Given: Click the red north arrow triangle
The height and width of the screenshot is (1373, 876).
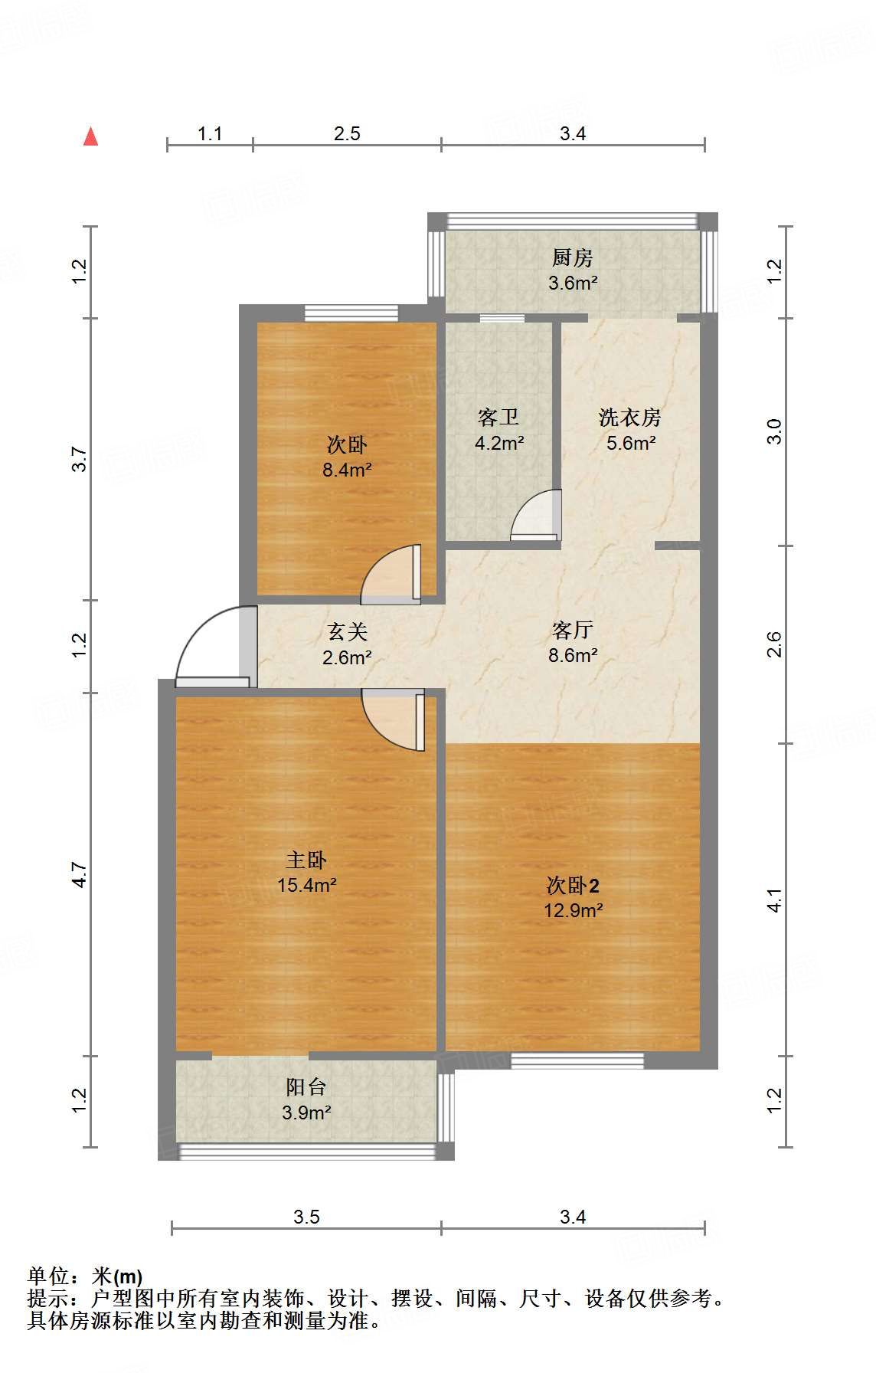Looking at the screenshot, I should coord(91,136).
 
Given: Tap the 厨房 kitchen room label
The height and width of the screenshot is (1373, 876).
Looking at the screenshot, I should coord(572,257).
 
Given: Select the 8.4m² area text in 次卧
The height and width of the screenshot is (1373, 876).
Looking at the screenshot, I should coord(347,470).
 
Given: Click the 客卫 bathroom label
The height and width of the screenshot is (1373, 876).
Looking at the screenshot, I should coord(498,417).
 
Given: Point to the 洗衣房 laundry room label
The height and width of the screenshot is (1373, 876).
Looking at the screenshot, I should coord(629,417).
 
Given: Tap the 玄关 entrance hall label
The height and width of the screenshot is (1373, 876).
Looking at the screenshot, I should coord(347,631).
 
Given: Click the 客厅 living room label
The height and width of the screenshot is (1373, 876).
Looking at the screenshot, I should coord(572,630).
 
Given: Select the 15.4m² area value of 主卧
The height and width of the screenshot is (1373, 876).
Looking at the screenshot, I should coord(306,886).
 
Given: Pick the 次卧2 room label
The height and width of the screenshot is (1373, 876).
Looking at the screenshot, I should coord(573,886).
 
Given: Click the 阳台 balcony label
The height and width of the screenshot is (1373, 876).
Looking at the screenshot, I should coord(306,1086).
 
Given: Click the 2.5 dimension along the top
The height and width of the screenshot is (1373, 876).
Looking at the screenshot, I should coord(347,133).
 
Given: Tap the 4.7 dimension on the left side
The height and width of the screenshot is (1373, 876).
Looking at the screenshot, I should coord(80,874).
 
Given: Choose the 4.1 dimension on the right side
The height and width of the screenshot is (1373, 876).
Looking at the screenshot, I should coord(774,899).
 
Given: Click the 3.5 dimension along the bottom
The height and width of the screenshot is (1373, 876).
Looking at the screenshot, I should coord(306,1217).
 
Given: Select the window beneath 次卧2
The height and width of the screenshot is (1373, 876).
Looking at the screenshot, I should coord(577,1060).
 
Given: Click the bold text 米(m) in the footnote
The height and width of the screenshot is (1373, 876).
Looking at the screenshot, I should coord(117,1276).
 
